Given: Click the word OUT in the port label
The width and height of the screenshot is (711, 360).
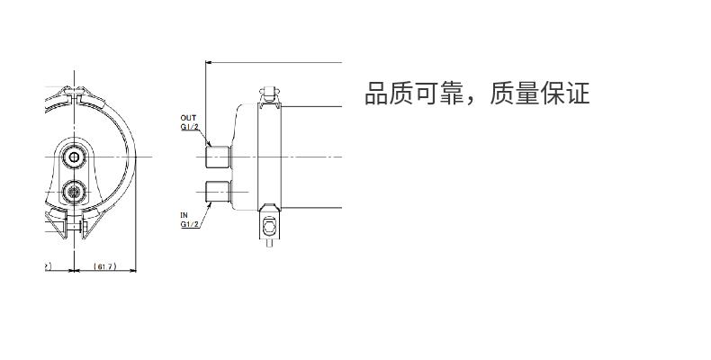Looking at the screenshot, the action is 188,118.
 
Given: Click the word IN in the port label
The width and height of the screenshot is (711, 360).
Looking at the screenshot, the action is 184,215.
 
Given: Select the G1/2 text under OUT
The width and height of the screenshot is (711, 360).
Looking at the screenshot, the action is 190,127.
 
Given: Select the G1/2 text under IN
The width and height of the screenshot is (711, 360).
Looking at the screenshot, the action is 190,224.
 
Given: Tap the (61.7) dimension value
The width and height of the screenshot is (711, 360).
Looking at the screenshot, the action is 104,266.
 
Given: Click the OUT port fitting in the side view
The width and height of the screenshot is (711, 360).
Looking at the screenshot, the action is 219,157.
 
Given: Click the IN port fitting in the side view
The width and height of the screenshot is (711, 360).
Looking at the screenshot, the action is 219,192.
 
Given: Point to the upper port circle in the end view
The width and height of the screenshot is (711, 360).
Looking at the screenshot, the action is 74,157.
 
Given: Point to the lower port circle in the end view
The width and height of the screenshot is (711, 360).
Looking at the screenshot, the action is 73,192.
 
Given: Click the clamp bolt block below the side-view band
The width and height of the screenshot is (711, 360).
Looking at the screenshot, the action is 269,226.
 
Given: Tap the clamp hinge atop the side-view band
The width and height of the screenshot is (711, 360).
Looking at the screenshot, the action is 269,94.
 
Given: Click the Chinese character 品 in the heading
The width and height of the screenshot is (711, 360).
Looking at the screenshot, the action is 377,94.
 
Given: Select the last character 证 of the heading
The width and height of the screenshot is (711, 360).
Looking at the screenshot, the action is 577,94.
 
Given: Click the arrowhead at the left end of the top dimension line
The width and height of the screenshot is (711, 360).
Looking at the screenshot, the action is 209,62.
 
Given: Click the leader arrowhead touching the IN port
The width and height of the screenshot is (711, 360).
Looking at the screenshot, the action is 210,206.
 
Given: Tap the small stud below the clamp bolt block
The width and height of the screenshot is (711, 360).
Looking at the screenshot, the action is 269,243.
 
